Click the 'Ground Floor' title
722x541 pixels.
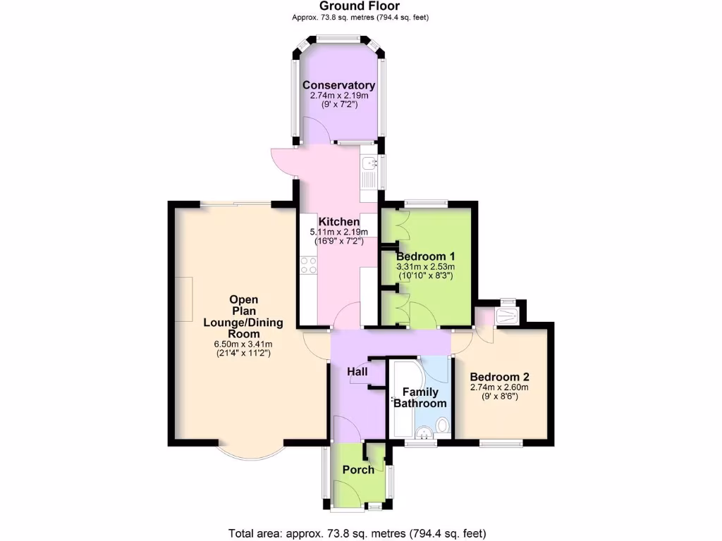(x=360, y=6)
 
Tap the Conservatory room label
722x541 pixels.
(x=338, y=85)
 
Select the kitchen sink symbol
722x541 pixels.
(x=368, y=165)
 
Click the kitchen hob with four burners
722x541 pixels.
(x=308, y=266)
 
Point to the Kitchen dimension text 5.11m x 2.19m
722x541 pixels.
(x=339, y=232)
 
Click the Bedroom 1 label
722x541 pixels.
(x=425, y=256)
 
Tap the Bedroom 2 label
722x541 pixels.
(x=499, y=376)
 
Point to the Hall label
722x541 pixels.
(x=357, y=371)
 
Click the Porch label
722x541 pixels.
(x=358, y=470)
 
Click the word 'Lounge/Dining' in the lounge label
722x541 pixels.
(x=243, y=323)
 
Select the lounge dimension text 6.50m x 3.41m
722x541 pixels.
(x=243, y=344)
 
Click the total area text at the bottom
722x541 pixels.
(x=357, y=533)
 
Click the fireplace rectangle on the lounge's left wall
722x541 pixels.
(x=184, y=299)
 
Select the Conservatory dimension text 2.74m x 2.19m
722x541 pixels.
(x=338, y=95)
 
